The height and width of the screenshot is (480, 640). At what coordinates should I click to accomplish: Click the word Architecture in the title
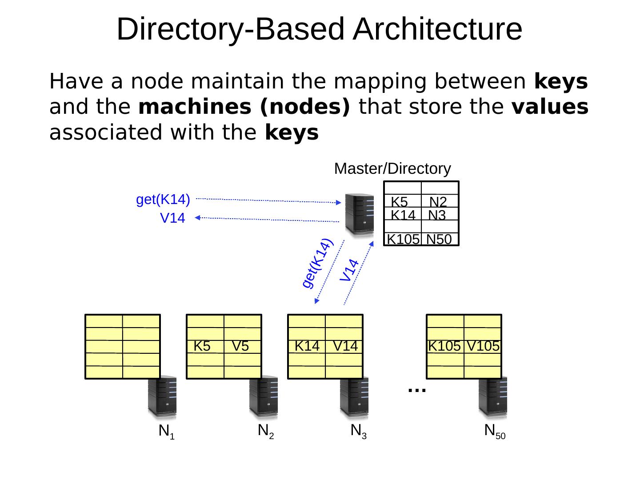[437, 29]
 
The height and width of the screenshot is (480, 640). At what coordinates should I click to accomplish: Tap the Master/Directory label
[392, 169]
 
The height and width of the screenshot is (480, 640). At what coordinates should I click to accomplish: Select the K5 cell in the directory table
[403, 201]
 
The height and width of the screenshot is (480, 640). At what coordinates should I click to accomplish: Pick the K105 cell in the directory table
[403, 239]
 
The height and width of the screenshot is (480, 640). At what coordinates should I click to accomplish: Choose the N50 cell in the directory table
[440, 239]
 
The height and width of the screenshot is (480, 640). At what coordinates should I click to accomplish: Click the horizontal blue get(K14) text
[163, 200]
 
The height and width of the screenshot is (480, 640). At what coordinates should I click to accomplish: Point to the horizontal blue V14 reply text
[172, 218]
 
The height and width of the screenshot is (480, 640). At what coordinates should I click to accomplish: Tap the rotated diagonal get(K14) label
[317, 263]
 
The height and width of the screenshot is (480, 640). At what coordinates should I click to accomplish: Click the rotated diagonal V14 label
[349, 270]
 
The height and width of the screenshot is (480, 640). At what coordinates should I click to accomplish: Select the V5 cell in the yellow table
[242, 346]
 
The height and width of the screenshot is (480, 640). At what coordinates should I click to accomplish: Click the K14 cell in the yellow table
[307, 346]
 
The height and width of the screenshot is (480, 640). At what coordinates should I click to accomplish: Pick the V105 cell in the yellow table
[483, 346]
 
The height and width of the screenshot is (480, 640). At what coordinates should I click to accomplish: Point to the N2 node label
[266, 431]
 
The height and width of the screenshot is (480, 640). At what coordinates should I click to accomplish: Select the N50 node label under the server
[495, 431]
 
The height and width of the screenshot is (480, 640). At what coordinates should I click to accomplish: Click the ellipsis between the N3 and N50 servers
[417, 390]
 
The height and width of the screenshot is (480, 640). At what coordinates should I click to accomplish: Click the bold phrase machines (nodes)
[244, 107]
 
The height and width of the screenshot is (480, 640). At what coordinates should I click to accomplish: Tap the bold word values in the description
[550, 107]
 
